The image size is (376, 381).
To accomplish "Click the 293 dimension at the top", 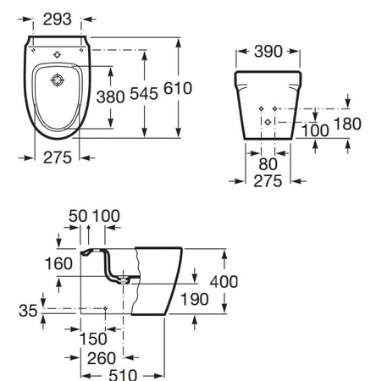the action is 58,19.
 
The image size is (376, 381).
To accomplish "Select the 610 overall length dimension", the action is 178,88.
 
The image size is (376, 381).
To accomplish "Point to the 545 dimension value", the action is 144,94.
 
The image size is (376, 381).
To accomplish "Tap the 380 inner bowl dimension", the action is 110,97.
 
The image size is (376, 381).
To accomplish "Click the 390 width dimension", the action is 268,52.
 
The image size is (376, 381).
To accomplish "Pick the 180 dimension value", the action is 347,124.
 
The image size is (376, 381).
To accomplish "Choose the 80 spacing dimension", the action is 268,164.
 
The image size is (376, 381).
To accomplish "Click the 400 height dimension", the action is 224,282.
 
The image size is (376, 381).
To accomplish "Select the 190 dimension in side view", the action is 195,299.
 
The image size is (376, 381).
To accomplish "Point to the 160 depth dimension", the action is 58,264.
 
